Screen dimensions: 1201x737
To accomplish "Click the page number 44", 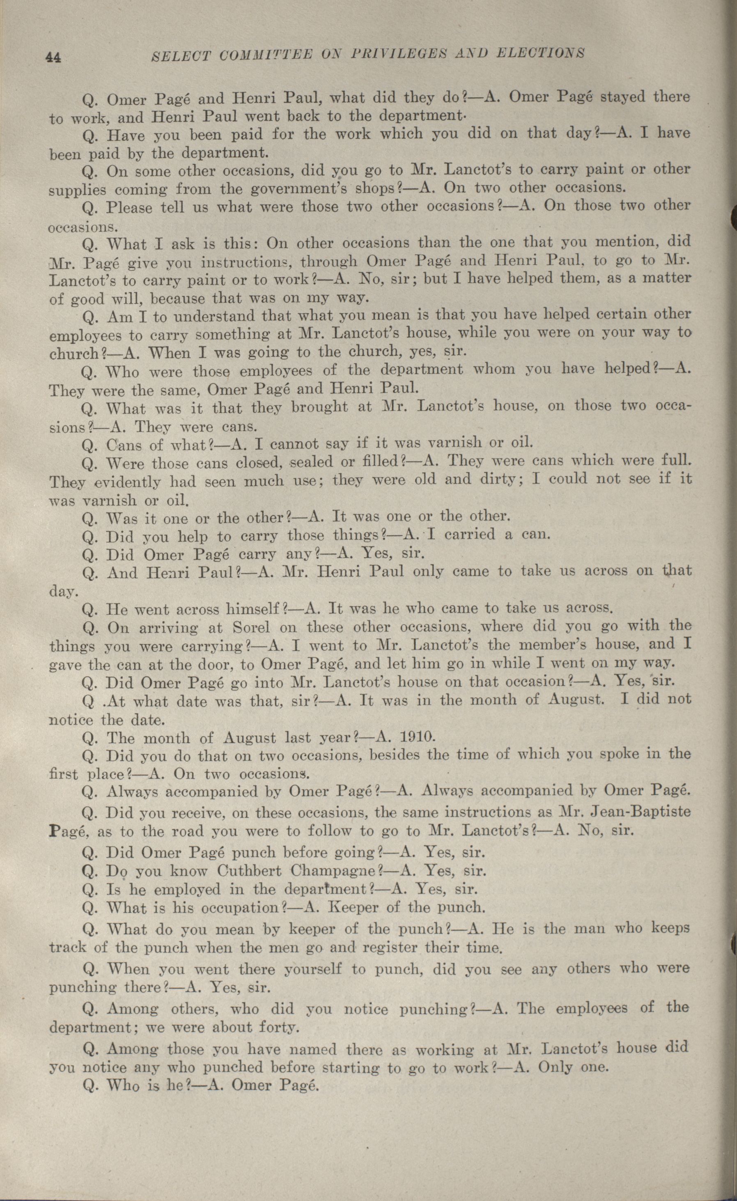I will tap(53, 58).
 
